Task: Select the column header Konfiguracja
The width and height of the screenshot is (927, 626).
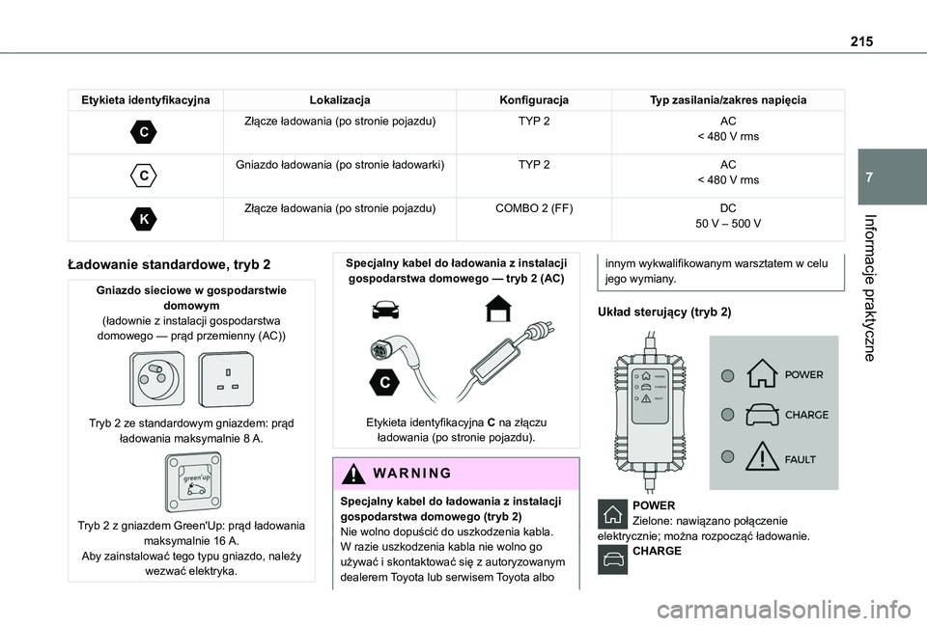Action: pos(534,100)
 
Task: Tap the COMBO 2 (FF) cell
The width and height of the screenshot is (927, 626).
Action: pos(534,207)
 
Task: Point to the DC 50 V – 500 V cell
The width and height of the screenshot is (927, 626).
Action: pos(727,215)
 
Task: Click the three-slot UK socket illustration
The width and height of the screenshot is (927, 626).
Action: pos(227,379)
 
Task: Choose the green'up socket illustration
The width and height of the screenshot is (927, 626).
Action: pos(193,482)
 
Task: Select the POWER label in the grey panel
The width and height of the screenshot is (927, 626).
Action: pos(804,374)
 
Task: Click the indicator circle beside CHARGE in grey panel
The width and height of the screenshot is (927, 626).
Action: pos(726,415)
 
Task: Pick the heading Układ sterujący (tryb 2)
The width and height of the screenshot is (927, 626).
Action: pos(664,313)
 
